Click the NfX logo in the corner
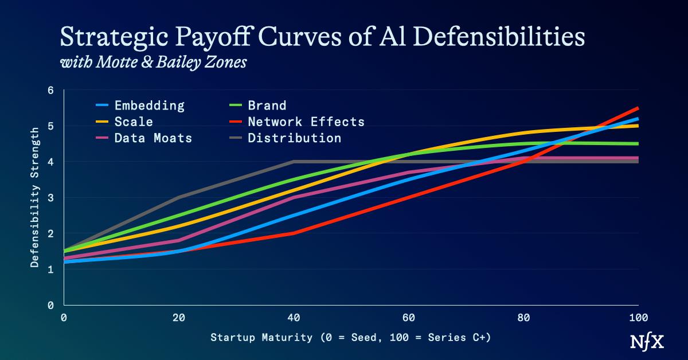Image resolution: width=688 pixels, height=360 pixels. [648, 342]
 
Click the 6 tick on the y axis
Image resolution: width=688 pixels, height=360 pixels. [50, 91]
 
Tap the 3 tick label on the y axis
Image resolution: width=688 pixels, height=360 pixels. [50, 198]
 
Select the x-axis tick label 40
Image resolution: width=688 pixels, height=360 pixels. [294, 317]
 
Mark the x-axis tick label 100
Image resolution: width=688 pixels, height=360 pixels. [638, 317]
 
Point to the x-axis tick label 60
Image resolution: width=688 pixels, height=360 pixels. [408, 317]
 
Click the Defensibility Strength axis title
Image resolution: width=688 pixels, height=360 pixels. [35, 198]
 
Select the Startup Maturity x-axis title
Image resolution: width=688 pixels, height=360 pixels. [350, 337]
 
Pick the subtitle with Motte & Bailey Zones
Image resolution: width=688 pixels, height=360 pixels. [153, 62]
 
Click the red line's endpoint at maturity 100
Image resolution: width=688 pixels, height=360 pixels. [638, 108]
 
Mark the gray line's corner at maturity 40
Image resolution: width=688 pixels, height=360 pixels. [294, 162]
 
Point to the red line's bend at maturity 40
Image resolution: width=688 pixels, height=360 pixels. [294, 233]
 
